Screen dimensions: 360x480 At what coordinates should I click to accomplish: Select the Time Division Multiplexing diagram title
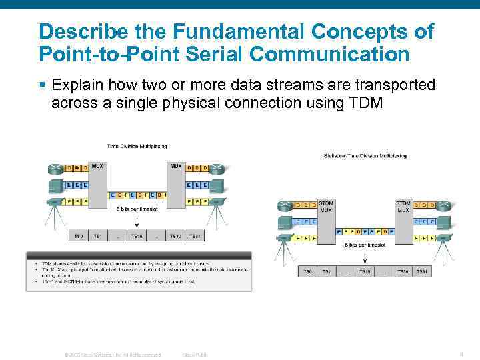[x=137, y=146]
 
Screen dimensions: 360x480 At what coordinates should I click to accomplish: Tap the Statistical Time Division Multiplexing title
[x=365, y=156]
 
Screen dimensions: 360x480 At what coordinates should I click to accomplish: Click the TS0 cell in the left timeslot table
[x=79, y=236]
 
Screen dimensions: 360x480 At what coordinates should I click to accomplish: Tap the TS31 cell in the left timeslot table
[x=195, y=236]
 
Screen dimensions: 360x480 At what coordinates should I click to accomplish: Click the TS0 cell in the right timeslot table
[x=307, y=271]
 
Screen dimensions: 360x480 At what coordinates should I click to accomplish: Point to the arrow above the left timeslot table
[x=137, y=219]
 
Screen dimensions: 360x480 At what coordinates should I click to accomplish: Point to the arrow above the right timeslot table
[x=365, y=257]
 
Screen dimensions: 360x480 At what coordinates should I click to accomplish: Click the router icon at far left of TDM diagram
[x=55, y=167]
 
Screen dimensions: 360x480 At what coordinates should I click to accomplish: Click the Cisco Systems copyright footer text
[x=112, y=355]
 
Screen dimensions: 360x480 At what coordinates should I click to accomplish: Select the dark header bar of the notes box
[x=139, y=255]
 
